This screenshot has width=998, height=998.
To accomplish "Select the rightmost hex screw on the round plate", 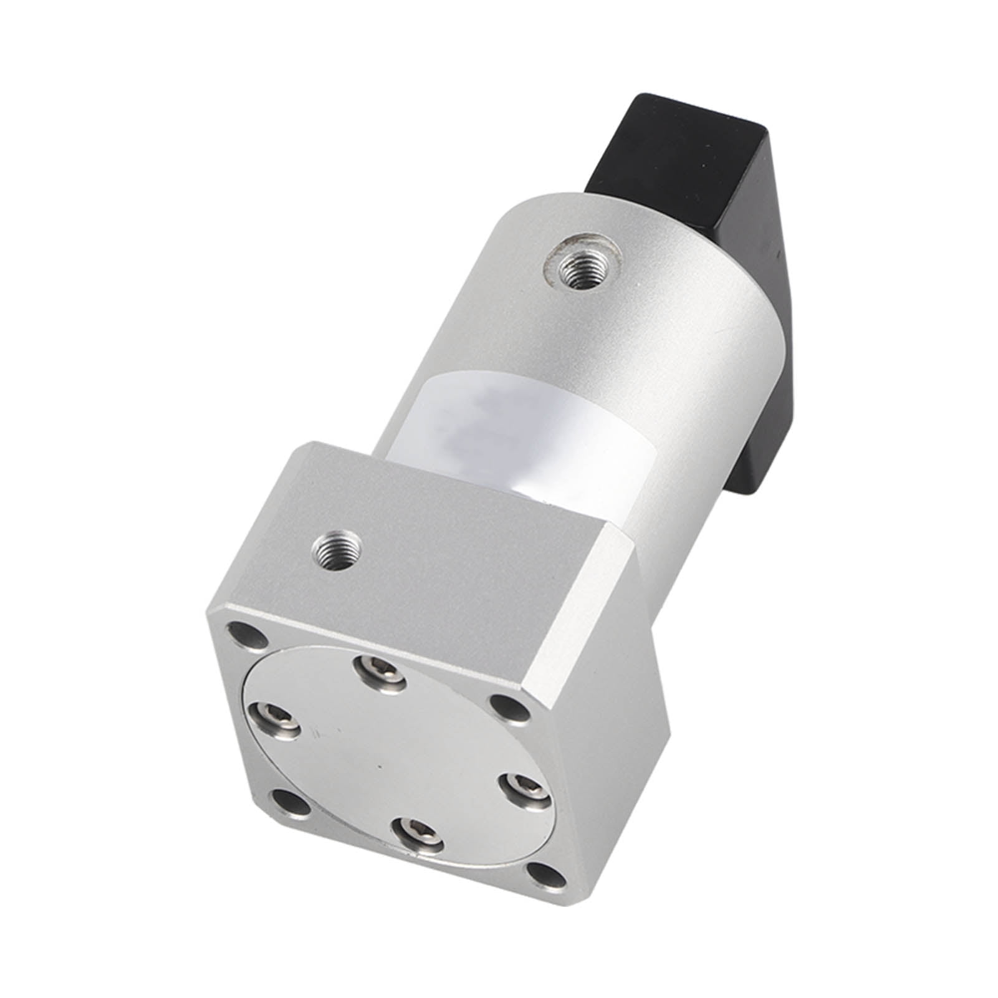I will pyautogui.click(x=522, y=787).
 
